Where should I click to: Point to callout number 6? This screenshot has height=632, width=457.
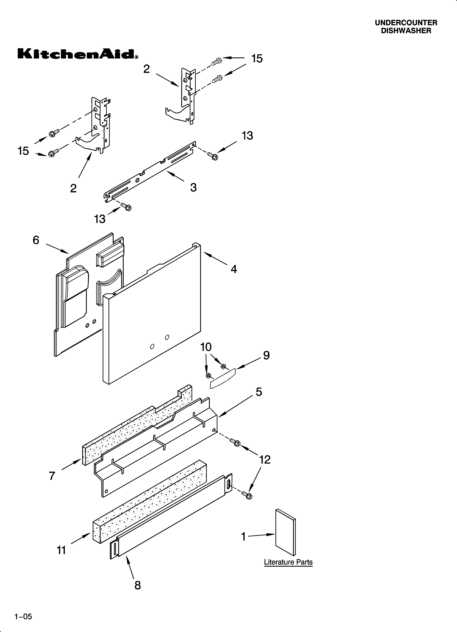[x=36, y=240]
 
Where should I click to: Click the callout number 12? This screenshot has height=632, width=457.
[x=265, y=459]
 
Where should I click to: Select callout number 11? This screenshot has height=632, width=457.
[x=61, y=550]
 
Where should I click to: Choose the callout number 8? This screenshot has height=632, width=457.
[x=137, y=586]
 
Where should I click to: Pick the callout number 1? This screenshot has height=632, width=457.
[x=244, y=536]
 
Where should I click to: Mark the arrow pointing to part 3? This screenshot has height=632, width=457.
[x=175, y=177]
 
